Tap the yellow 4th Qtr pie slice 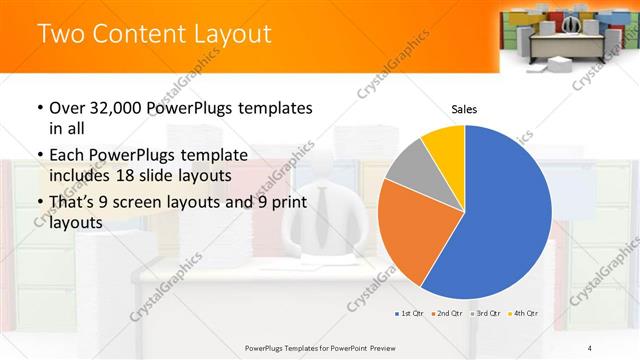pos(444,146)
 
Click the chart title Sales pos(464,107)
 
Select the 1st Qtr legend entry pos(410,314)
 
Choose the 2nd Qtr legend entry pos(445,314)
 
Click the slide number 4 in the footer pos(590,347)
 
